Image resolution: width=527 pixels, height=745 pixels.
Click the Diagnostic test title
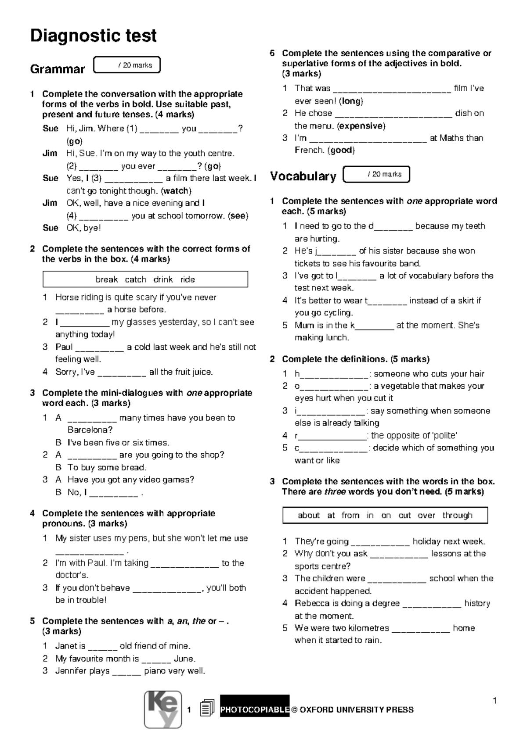click(93, 36)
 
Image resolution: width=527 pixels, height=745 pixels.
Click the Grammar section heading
click(57, 69)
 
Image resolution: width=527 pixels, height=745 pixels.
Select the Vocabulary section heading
click(303, 176)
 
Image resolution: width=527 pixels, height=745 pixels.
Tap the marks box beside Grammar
click(127, 65)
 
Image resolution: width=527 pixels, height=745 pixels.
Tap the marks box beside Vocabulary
click(376, 174)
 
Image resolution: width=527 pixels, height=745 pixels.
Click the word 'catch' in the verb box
click(135, 279)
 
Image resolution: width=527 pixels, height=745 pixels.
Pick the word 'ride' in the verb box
click(188, 279)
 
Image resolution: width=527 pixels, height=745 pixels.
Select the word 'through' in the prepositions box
click(457, 516)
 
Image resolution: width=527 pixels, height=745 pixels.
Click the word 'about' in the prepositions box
click(308, 516)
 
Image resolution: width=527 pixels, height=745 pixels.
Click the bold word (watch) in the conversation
click(176, 191)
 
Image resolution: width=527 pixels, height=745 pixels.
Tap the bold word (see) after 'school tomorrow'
click(238, 216)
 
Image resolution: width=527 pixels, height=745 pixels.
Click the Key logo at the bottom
click(163, 709)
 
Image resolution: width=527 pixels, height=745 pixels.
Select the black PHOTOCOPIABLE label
click(255, 709)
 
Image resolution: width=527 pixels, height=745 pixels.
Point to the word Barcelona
click(90, 430)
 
